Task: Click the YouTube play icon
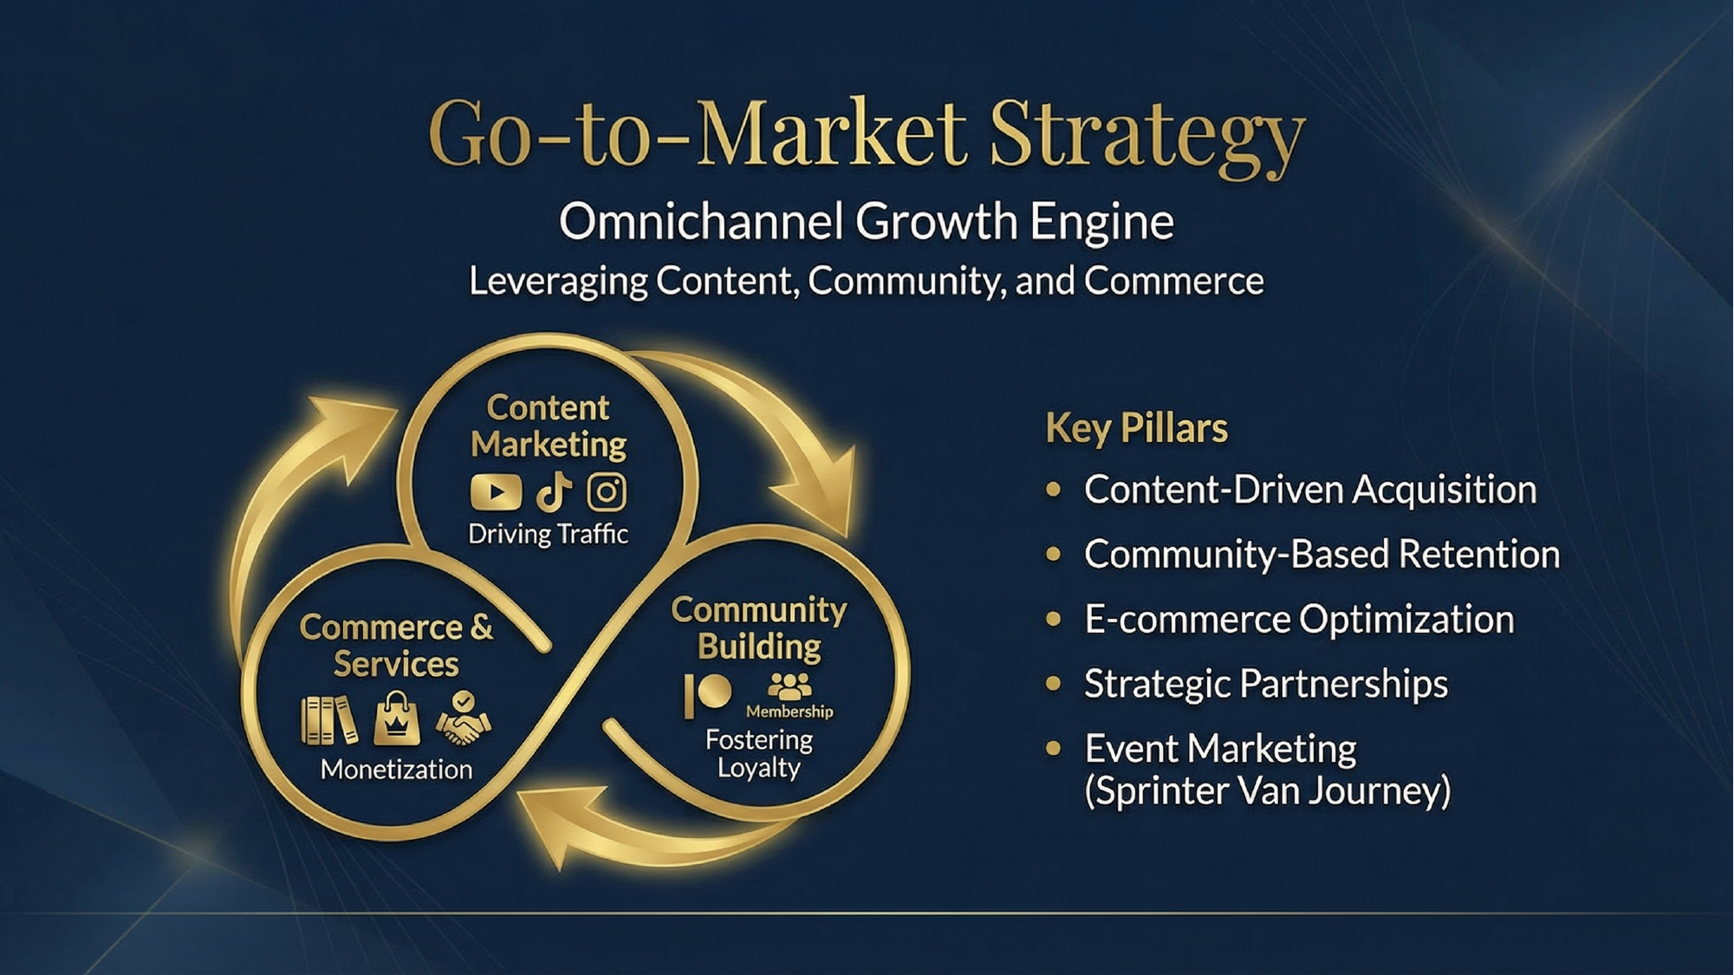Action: [x=496, y=492]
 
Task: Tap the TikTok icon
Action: [x=554, y=492]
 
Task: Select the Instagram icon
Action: [x=607, y=492]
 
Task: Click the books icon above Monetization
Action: [x=329, y=720]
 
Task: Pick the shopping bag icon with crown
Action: [x=397, y=719]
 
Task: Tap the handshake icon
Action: [x=463, y=719]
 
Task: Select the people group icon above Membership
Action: [x=789, y=686]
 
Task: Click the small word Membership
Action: [x=789, y=712]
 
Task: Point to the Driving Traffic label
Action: [x=548, y=534]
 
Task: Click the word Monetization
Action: [x=396, y=770]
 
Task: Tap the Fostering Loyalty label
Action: [x=759, y=753]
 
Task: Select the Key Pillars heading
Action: [x=1136, y=428]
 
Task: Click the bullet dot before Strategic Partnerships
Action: [x=1054, y=684]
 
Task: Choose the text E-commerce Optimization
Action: [x=1299, y=620]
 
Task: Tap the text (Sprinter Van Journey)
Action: [x=1267, y=791]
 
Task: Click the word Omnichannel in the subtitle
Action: [x=700, y=222]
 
